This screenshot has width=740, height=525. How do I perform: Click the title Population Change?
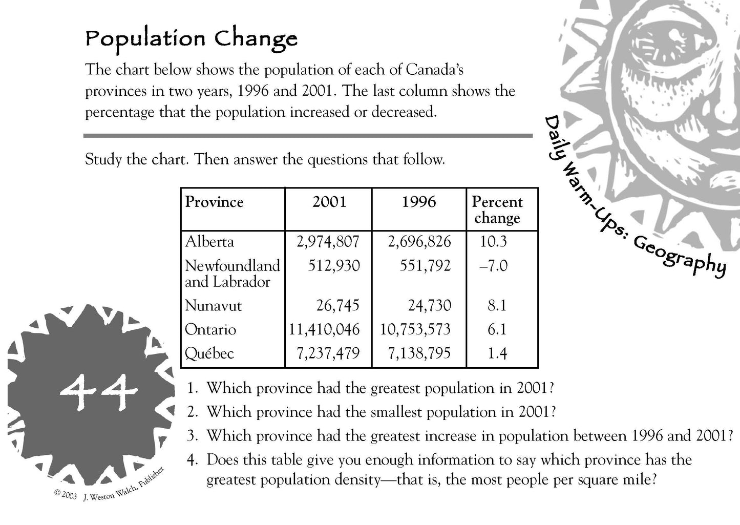(191, 39)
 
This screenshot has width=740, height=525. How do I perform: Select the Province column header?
(214, 202)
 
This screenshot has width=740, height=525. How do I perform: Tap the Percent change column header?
(497, 209)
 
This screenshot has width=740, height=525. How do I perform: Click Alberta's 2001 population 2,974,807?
(328, 241)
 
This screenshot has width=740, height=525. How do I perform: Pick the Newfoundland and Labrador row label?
(232, 274)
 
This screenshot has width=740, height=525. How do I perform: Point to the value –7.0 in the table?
(493, 266)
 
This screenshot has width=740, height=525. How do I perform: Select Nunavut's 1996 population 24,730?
(430, 306)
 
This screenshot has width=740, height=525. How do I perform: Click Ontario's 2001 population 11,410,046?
(324, 329)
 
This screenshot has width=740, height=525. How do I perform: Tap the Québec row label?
(209, 353)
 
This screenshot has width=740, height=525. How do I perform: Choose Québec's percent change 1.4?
(497, 353)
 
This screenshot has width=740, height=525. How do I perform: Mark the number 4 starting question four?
(192, 460)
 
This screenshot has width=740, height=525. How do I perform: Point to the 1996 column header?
(418, 202)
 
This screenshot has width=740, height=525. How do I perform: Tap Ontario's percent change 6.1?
(497, 329)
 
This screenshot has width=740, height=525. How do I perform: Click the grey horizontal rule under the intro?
(308, 136)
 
